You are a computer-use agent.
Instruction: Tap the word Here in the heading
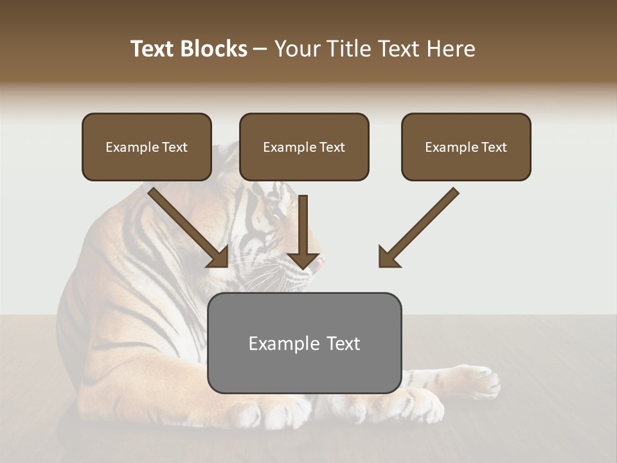pyautogui.click(x=452, y=49)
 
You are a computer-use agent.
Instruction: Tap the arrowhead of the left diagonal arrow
pyautogui.click(x=219, y=257)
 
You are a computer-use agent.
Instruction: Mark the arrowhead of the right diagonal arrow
pyautogui.click(x=388, y=257)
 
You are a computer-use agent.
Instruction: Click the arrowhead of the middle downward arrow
pyautogui.click(x=303, y=260)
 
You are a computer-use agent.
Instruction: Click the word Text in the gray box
pyautogui.click(x=343, y=343)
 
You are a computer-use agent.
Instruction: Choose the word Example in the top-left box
pyautogui.click(x=129, y=147)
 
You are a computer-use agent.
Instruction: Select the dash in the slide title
pyautogui.click(x=260, y=49)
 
